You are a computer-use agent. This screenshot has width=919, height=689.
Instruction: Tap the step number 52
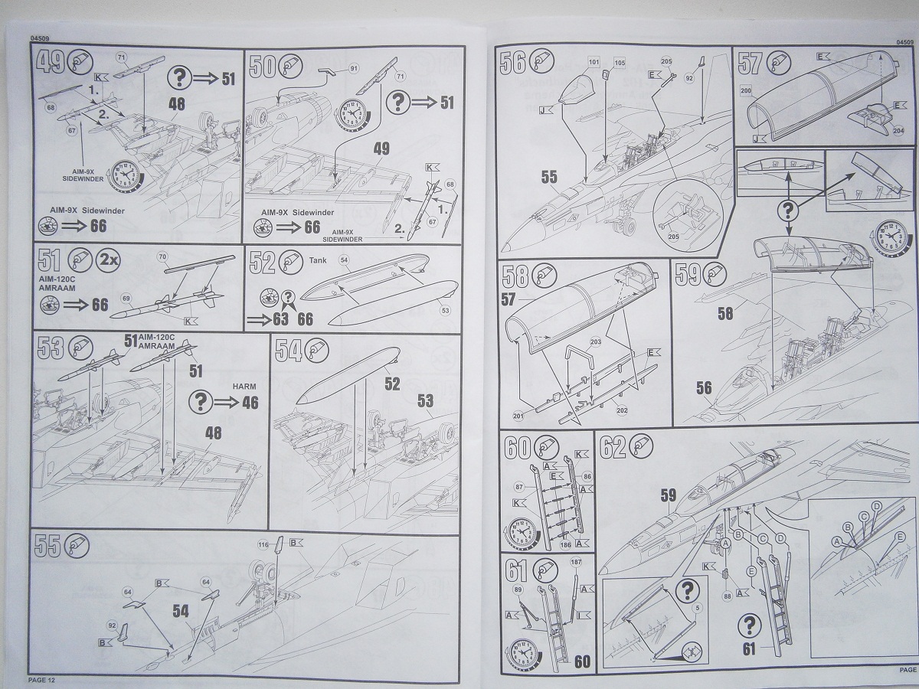263,263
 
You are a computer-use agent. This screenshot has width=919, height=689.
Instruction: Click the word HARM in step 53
244,387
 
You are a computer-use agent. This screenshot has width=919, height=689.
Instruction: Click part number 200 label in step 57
747,90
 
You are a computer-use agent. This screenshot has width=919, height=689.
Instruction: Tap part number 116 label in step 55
263,545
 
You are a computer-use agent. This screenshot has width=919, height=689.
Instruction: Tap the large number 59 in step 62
669,495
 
